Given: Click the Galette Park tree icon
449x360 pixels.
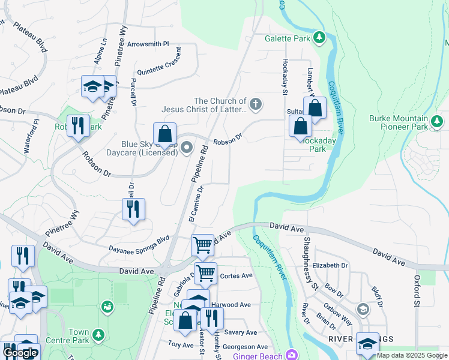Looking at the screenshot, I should tap(320, 38).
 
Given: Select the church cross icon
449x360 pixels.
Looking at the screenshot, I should tap(256, 105).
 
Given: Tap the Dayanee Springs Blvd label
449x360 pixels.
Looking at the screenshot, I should tap(139, 242).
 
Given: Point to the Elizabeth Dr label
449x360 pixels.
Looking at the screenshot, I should tap(330, 265).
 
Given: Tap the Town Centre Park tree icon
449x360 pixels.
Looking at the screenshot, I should tap(98, 334).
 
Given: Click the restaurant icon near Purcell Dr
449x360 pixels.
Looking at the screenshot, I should tap(132, 209).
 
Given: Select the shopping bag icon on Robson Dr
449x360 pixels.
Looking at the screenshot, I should tap(164, 133).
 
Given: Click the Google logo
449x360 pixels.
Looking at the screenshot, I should tap(20, 353).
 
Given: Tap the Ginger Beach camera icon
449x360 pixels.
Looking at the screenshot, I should tap(292, 355).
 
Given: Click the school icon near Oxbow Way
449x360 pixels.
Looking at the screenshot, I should tap(363, 309).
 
